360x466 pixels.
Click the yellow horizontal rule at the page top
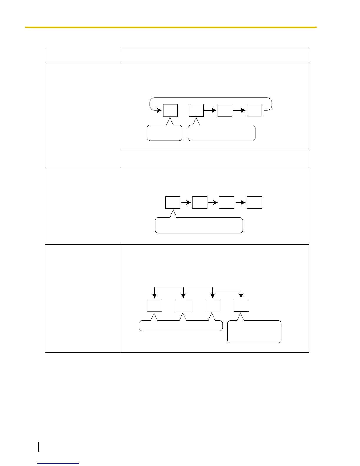(x=171, y=27)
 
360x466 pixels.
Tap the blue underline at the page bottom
(x=58, y=463)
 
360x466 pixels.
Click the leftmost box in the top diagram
(x=170, y=110)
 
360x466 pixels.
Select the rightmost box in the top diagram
(x=254, y=110)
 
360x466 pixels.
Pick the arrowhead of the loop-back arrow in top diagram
(x=159, y=111)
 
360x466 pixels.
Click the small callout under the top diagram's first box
(x=164, y=133)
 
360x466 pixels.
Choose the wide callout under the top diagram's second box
(x=221, y=133)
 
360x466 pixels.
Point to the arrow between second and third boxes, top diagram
(x=210, y=110)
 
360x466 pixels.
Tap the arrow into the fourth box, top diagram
(x=239, y=110)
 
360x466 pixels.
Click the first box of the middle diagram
(x=173, y=202)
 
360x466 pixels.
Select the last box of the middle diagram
(x=254, y=202)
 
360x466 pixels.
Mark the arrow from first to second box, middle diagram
(x=186, y=202)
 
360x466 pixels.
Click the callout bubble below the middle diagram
(x=199, y=226)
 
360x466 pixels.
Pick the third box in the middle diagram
(x=227, y=202)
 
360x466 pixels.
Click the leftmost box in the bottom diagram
(x=154, y=305)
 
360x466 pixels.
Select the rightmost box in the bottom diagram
(x=241, y=305)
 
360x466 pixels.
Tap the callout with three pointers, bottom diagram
(x=181, y=326)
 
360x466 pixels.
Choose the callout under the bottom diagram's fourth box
(x=254, y=332)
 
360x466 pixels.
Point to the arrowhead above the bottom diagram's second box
(x=183, y=296)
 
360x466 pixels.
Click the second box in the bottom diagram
(x=183, y=305)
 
